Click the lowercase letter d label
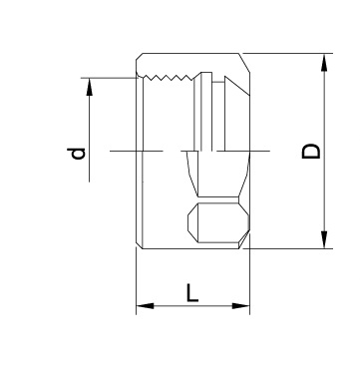[76, 154]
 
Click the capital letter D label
[311, 152]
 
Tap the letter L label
[192, 293]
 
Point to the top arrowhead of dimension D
[324, 62]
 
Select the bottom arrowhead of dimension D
[324, 239]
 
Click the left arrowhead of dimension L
[146, 306]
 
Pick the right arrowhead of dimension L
[240, 306]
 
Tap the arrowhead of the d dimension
[90, 87]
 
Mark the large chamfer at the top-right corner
[244, 63]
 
